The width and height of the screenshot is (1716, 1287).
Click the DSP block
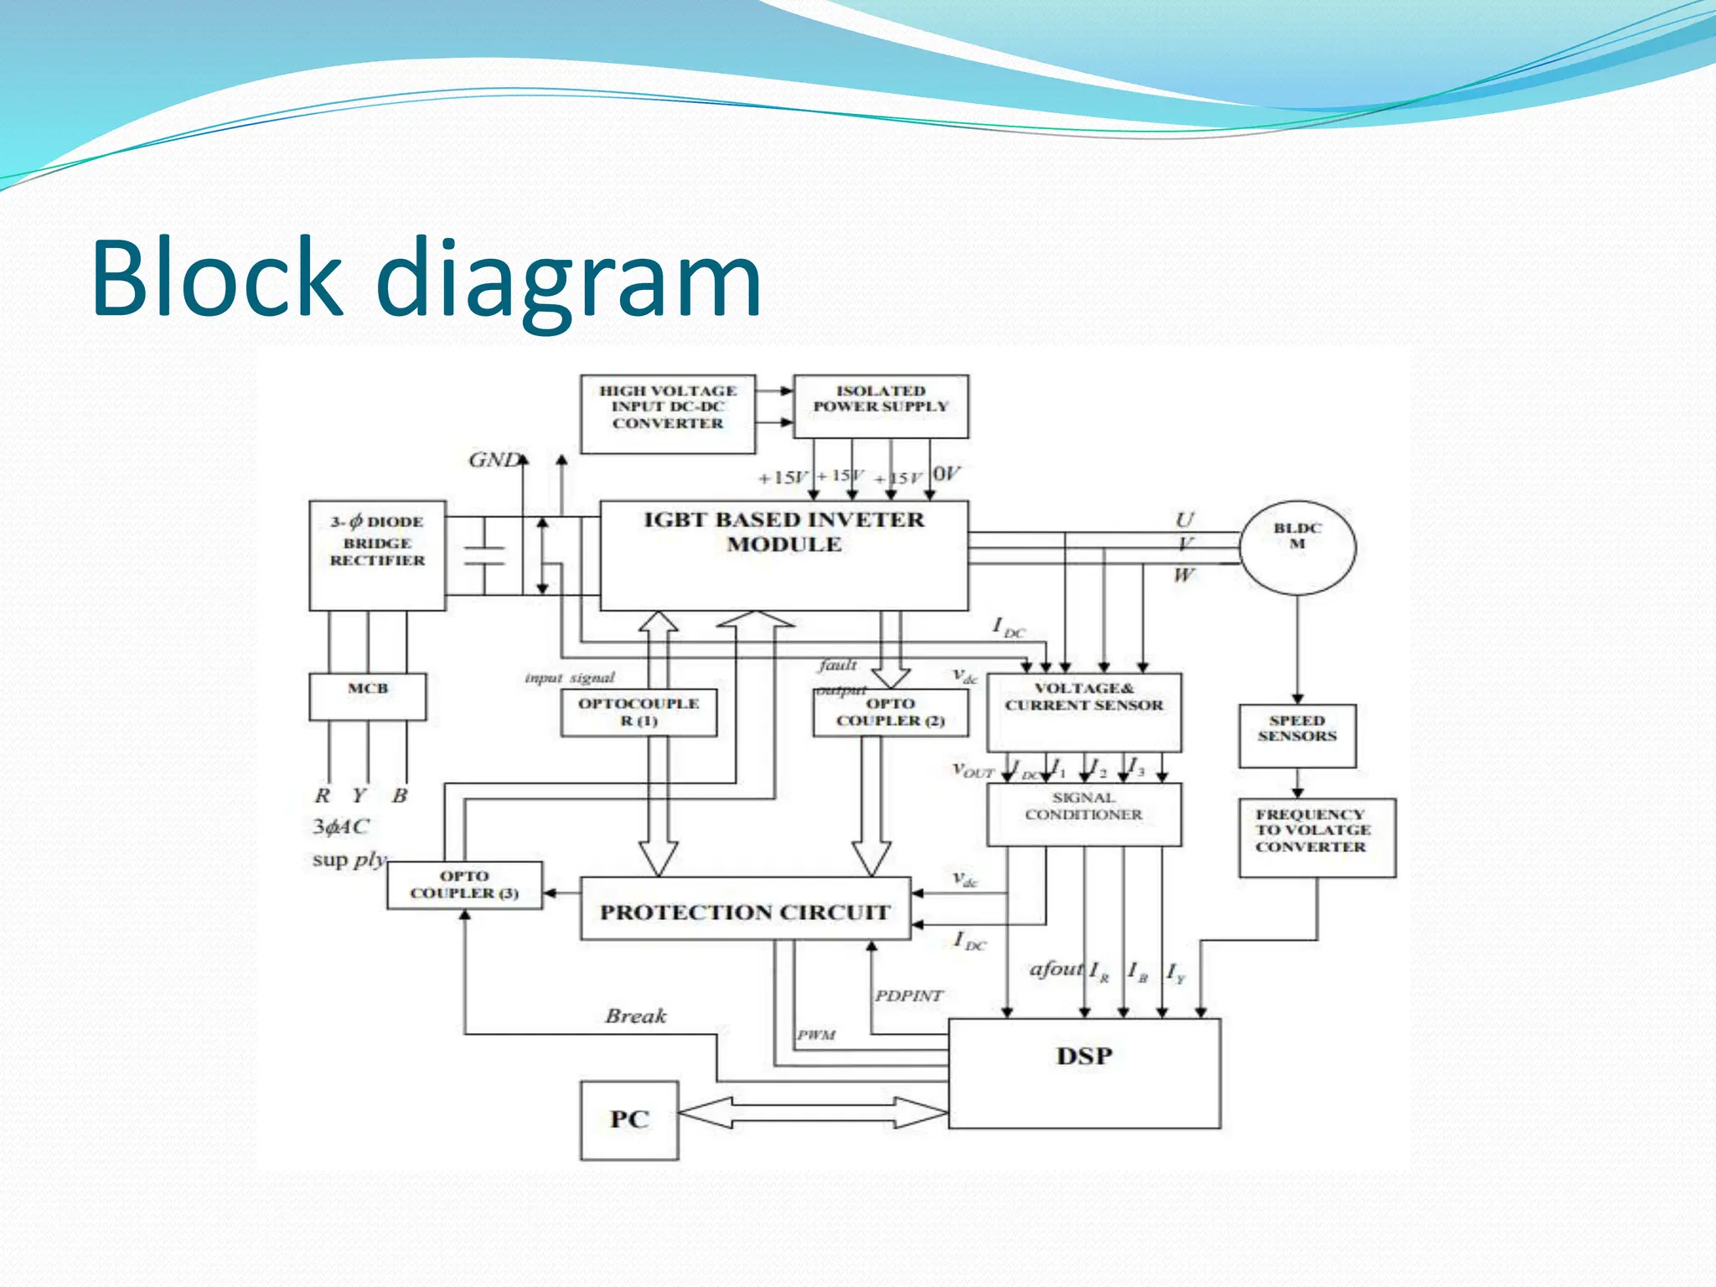coord(1083,1073)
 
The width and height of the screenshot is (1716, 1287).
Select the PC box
coord(628,1120)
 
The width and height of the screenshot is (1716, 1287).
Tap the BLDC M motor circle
coord(1297,546)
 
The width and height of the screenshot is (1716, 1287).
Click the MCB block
coord(367,696)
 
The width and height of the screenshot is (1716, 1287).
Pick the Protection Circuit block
coord(745,909)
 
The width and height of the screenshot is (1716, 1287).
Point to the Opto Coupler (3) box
coord(464,885)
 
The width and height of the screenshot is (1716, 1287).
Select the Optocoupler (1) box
coord(638,713)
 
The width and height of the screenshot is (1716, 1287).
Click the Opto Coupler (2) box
coord(890,713)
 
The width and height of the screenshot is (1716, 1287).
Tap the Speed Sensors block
coord(1297,735)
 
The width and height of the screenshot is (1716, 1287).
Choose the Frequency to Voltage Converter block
coord(1316,837)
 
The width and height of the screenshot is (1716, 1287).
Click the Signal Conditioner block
coord(1083,814)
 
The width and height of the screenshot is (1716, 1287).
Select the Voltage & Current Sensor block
coord(1083,711)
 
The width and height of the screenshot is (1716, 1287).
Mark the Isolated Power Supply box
coord(881,406)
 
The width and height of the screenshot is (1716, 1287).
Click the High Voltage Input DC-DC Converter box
coord(668,414)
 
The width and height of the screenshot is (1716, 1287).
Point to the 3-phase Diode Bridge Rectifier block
coord(377,555)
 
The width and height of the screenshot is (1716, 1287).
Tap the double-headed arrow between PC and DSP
coord(813,1113)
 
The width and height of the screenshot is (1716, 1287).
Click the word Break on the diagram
coord(636,1016)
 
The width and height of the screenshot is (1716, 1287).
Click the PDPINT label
coord(909,995)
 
